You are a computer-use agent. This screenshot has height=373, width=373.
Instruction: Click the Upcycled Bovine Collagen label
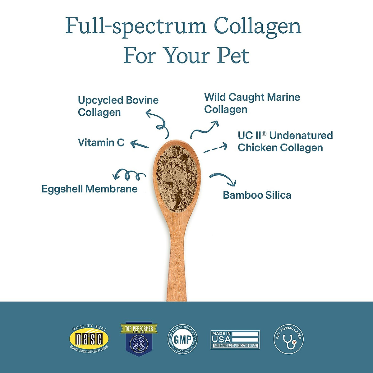coord(118,106)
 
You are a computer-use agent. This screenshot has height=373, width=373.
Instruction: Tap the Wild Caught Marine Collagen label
coord(252,103)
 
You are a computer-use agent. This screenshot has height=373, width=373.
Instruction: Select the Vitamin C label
coord(101,142)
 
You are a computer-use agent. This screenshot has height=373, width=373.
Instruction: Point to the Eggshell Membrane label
coord(89,189)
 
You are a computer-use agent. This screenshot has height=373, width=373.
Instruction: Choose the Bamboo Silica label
coord(257,195)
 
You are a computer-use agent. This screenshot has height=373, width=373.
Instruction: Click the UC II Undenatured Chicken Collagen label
coord(285,141)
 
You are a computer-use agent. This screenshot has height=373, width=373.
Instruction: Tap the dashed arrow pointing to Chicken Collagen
coord(215,148)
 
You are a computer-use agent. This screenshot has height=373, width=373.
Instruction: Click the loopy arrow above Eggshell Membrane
coord(128,175)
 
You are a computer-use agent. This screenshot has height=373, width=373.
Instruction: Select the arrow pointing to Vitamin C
coord(139,144)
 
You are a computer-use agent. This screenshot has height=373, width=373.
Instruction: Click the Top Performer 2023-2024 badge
coord(139,338)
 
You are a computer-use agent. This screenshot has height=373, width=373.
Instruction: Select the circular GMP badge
coord(183,339)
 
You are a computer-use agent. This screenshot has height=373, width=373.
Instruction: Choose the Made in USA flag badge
coord(235,339)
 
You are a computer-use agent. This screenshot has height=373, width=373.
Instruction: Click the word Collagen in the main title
coord(257,27)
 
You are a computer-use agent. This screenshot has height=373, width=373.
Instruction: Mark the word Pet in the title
coord(233,56)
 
